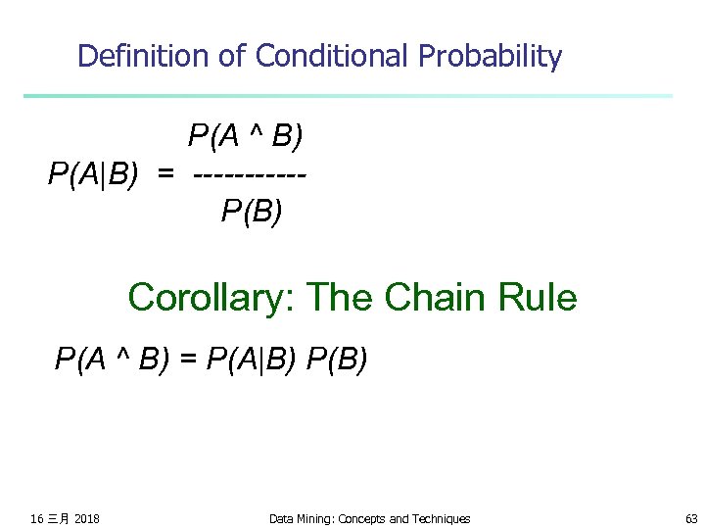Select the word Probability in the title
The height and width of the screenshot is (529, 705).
(491, 56)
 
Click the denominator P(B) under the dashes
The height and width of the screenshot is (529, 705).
(252, 211)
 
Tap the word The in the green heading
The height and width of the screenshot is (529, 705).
(343, 297)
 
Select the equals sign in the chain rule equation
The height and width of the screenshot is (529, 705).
(189, 361)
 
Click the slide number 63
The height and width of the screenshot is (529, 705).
(691, 518)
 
